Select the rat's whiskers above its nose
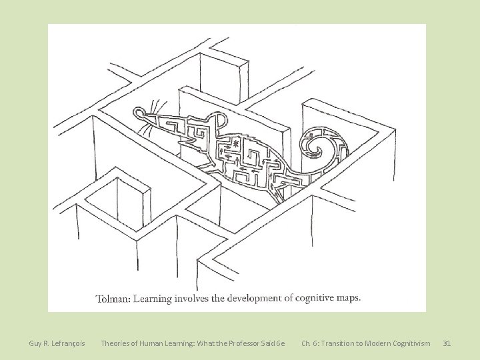coord(153,107)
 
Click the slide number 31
coord(447,343)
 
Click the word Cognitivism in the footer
coord(409,343)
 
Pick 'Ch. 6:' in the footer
coord(310,343)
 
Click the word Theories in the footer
coord(115,343)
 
